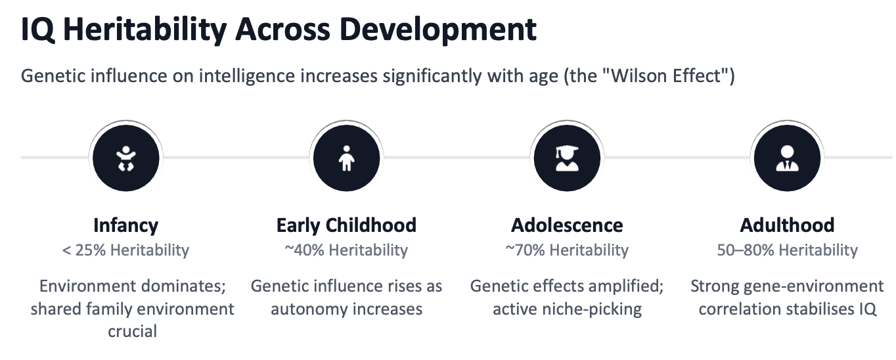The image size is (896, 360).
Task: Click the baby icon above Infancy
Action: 125,158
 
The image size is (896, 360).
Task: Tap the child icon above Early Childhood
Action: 346,158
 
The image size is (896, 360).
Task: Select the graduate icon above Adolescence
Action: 567,158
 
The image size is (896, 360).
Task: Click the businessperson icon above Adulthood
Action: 787,158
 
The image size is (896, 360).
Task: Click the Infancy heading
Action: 125,225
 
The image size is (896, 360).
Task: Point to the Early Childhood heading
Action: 346,225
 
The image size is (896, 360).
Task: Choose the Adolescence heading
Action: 567,225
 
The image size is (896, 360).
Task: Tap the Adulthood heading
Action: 787,225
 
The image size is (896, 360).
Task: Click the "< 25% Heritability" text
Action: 125,250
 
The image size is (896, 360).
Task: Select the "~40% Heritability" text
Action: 346,250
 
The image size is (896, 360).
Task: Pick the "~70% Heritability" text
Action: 567,250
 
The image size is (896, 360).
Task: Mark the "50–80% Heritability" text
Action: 787,250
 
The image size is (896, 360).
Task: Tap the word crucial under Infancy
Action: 133,331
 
